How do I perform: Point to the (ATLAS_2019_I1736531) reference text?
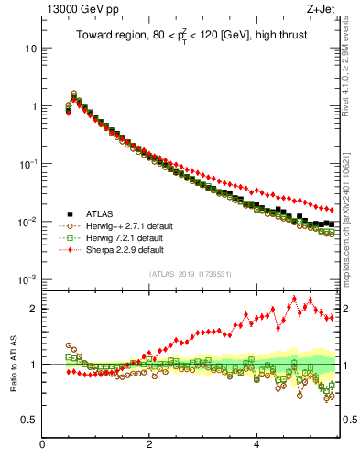pyautogui.click(x=191, y=274)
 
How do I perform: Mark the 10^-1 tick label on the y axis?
pyautogui.click(x=27, y=163)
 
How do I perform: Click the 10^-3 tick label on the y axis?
pyautogui.click(x=27, y=279)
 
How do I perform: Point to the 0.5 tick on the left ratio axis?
pyautogui.click(x=28, y=420)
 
